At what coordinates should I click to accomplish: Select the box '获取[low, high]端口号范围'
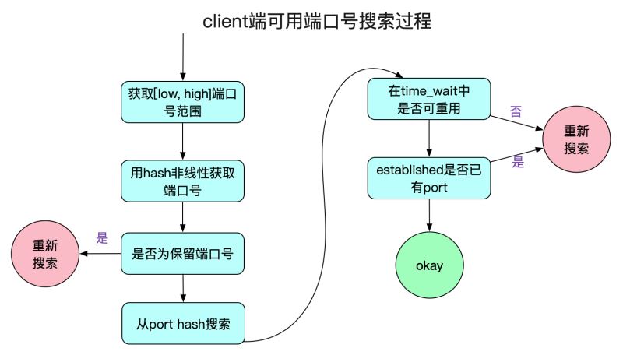[x=182, y=103]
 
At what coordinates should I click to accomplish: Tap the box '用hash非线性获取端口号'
[x=182, y=181]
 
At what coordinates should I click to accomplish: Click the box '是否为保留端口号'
[x=182, y=254]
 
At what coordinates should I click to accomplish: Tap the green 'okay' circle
[x=429, y=265]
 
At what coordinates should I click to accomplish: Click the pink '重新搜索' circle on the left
[x=44, y=255]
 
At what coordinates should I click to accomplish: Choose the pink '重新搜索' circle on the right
[x=577, y=140]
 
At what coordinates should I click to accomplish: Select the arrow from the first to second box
[x=182, y=142]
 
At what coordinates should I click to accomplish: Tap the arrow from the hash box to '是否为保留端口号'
[x=182, y=216]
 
